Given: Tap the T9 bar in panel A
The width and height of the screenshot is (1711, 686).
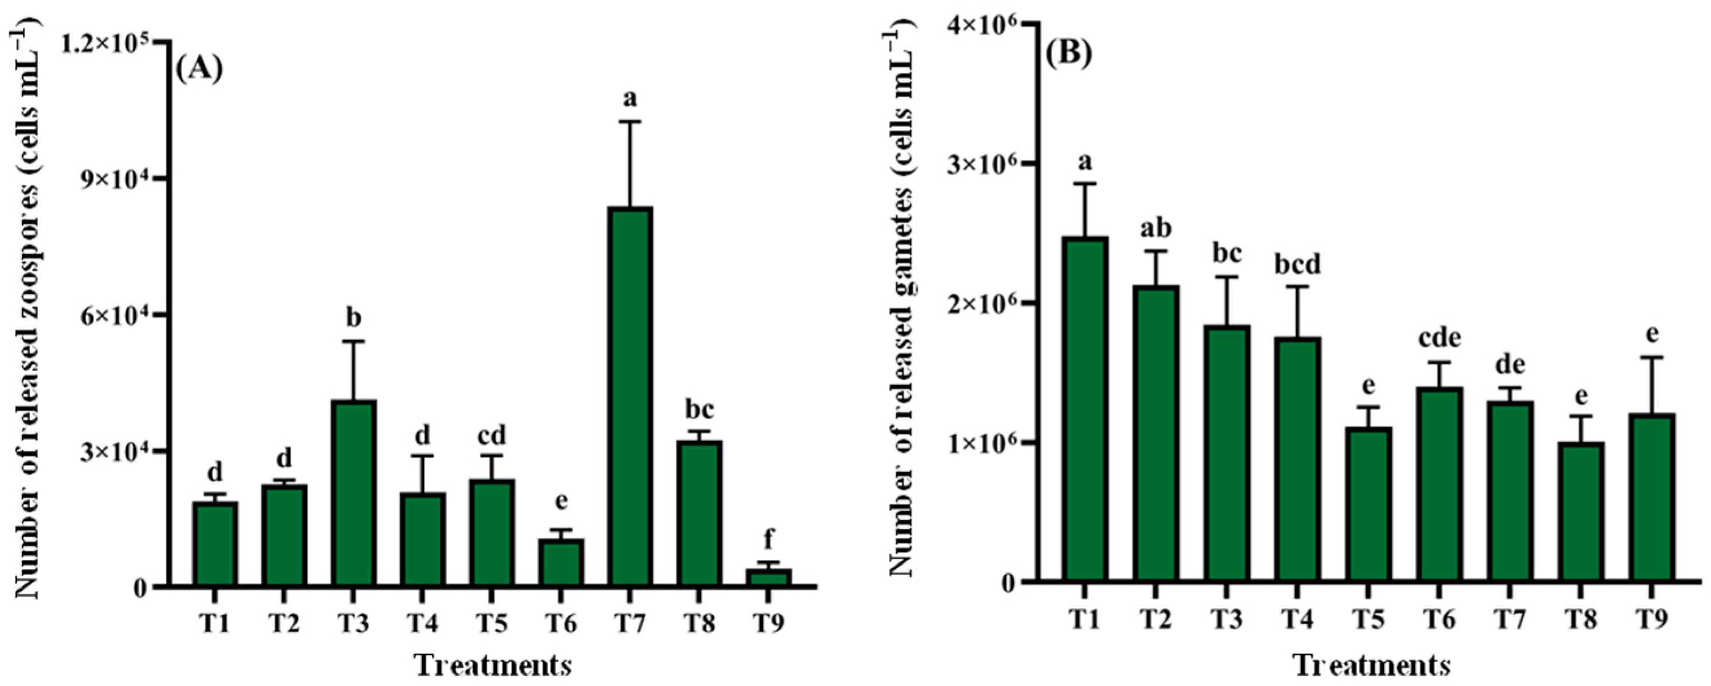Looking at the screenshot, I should coord(768,577).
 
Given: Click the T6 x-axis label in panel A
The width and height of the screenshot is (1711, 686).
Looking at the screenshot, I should coord(561,624).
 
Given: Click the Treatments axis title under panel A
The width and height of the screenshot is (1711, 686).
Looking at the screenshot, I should coord(492,666).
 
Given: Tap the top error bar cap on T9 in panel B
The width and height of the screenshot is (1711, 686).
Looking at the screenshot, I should coord(1651,357).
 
